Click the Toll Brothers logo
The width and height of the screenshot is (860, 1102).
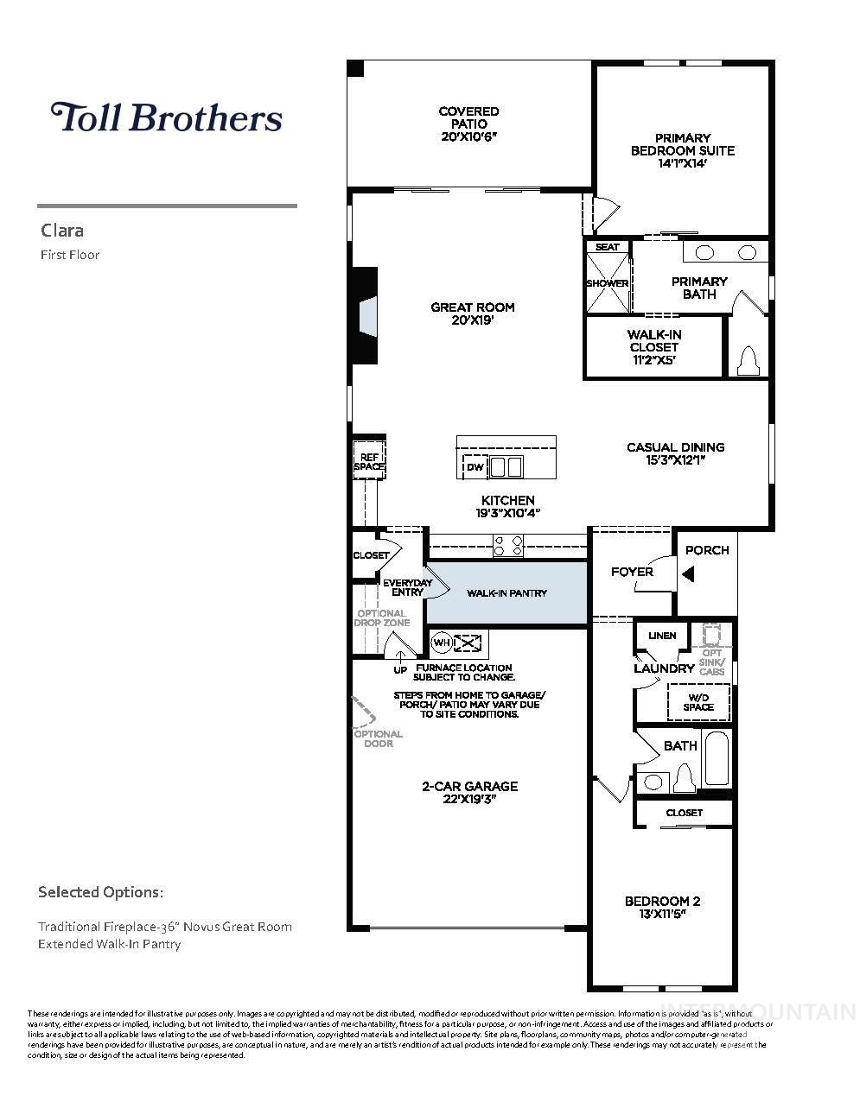[x=166, y=117]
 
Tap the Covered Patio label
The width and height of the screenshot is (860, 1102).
[x=468, y=117]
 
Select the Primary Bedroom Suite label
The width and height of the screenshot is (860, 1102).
[x=682, y=144]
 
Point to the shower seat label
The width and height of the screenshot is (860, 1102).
[x=608, y=247]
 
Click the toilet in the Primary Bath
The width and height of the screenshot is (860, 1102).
[x=749, y=362]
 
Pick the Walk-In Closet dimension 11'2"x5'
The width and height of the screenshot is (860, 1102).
[x=654, y=360]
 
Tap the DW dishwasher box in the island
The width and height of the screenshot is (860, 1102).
[x=475, y=467]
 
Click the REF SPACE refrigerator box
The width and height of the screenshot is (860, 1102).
[x=368, y=461]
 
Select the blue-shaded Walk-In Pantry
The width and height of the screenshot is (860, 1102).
[x=506, y=592]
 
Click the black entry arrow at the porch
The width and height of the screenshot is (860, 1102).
[x=688, y=573]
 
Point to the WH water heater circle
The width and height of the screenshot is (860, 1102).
[x=441, y=643]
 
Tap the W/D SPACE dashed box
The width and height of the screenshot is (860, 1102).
[x=698, y=701]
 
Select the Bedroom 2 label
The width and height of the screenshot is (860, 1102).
[x=662, y=902]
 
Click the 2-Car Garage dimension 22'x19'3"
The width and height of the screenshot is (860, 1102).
[x=469, y=799]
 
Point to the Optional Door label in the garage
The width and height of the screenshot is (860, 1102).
[x=378, y=738]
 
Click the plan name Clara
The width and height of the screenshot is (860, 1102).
[x=62, y=231]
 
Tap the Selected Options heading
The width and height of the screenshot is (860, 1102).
[x=100, y=891]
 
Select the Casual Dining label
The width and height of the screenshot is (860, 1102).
[x=675, y=447]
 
